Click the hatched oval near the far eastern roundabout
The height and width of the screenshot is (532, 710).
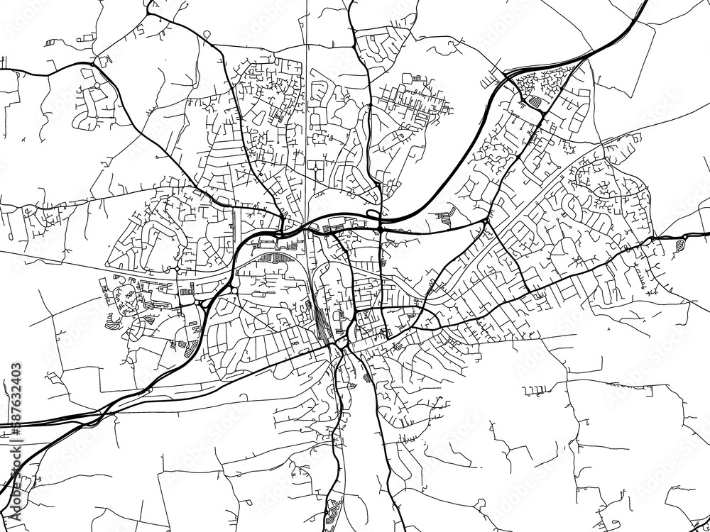[680, 243]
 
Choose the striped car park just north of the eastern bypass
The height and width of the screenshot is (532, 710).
[445, 218]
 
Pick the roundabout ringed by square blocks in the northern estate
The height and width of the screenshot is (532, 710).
[314, 170]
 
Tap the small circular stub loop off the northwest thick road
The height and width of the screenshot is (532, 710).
[206, 33]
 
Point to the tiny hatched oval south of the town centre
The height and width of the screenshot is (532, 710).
[366, 377]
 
